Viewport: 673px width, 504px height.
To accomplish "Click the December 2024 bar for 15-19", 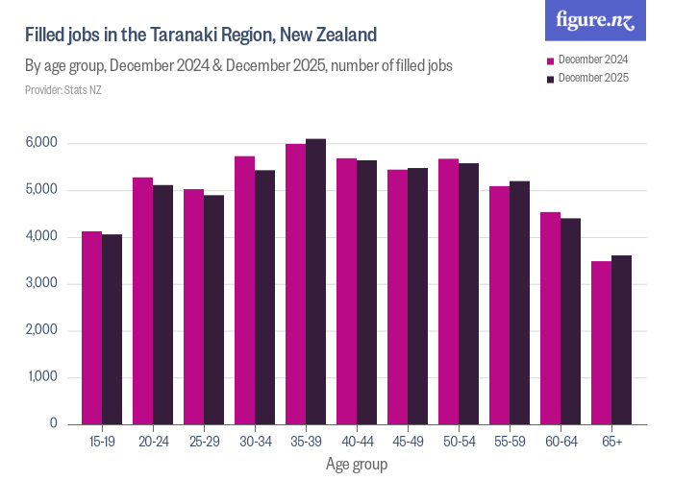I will (x=91, y=327).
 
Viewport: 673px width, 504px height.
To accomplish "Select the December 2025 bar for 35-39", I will (x=316, y=281).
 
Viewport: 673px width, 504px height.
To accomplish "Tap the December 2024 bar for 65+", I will (x=601, y=343).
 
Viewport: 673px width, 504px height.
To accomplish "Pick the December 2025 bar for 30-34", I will (x=265, y=297).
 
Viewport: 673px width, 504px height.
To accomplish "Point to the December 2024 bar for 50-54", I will (x=448, y=291).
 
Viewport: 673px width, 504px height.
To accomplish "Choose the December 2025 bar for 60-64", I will (x=571, y=321).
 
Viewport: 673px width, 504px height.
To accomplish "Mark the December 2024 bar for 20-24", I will (x=142, y=300).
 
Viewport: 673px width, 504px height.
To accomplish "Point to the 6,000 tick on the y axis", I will (x=41, y=143).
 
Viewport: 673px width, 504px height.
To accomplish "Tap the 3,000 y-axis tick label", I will (x=41, y=283).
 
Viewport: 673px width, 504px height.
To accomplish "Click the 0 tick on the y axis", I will (x=53, y=423).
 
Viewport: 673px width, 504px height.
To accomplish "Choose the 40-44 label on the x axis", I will (x=357, y=442).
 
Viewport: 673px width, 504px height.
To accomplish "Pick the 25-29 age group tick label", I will (x=204, y=442).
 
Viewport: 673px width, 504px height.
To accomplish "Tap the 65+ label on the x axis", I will (x=611, y=442).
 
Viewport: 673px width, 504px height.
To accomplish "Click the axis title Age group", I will (x=357, y=465).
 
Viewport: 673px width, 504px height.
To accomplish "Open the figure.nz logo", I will (x=595, y=20).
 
